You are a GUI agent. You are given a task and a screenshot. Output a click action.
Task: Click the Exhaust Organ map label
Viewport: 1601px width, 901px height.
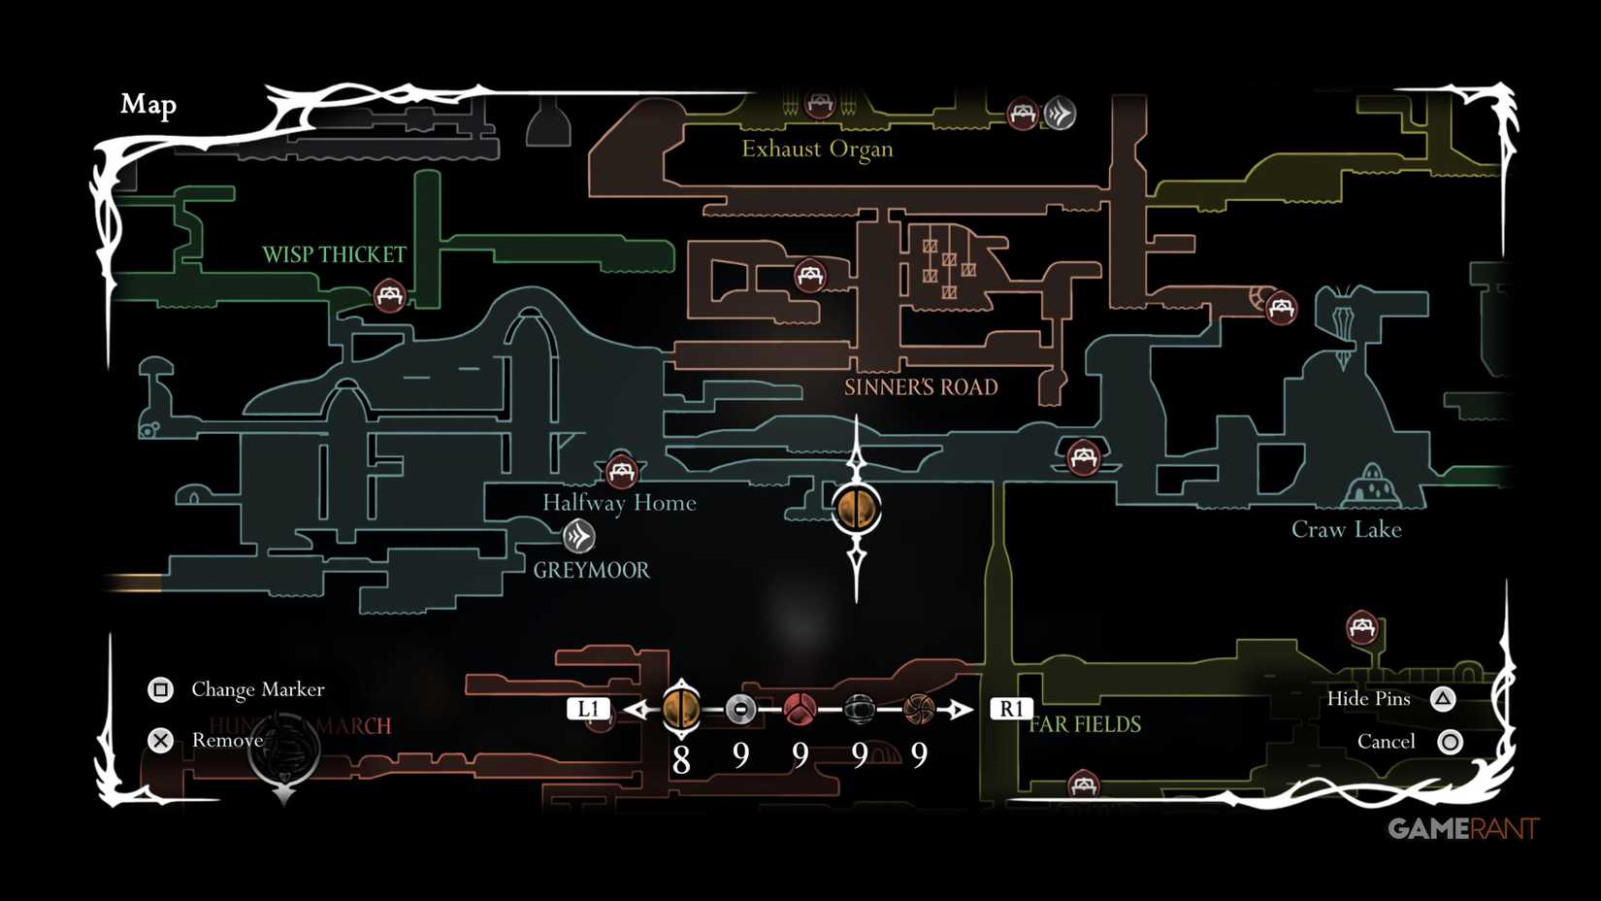click(817, 149)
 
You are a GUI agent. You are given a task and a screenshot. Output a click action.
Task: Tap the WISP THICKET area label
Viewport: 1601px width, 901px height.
click(334, 254)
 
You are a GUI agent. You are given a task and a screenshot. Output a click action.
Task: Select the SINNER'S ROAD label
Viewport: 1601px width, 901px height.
click(921, 387)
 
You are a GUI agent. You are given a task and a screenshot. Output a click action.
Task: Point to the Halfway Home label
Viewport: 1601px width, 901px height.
click(619, 503)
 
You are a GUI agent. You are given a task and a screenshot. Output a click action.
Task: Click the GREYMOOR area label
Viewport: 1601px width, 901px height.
click(591, 570)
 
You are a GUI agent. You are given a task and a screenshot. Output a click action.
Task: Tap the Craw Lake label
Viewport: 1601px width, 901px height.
click(1346, 529)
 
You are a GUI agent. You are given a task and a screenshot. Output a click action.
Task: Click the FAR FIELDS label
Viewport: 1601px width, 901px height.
click(1085, 724)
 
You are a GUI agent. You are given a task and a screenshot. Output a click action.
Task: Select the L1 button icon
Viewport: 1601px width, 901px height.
click(588, 709)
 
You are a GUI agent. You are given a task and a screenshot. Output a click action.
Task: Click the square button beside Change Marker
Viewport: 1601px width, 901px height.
click(160, 689)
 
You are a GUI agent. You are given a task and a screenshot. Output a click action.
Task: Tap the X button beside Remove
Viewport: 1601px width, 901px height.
click(160, 741)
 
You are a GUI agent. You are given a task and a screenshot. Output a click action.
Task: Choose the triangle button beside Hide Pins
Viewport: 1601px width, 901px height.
click(1443, 698)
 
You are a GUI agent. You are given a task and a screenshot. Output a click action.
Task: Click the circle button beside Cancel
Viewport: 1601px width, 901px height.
click(1450, 742)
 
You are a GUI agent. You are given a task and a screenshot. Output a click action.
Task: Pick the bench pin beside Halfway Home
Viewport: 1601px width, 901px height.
click(621, 472)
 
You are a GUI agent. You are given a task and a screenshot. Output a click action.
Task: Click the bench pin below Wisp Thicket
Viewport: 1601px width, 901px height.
click(389, 295)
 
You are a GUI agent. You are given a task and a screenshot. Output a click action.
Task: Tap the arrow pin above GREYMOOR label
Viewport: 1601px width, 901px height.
click(578, 536)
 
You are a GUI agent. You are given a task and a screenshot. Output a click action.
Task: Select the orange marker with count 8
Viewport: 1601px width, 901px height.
click(681, 708)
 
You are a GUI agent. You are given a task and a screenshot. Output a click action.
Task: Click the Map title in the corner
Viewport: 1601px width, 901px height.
click(148, 104)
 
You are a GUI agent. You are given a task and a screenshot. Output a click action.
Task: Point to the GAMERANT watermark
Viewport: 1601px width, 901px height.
click(1462, 828)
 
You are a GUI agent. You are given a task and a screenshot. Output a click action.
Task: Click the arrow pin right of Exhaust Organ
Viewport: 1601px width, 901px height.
click(1059, 114)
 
